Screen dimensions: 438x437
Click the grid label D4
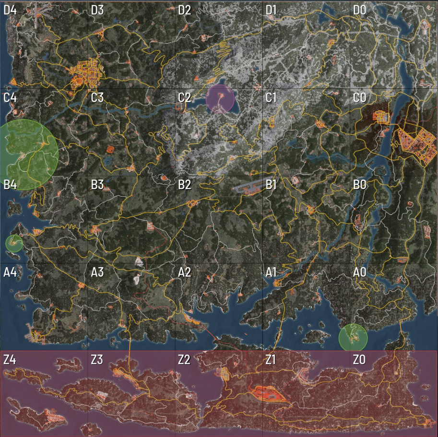10,10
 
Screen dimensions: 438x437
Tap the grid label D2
185,10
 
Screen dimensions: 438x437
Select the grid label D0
360,10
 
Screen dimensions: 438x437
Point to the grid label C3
97,98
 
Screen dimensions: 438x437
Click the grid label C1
272,98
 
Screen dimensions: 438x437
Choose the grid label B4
10,185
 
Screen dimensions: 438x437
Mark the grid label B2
185,185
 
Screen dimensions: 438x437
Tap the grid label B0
360,185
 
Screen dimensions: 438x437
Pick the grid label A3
97,272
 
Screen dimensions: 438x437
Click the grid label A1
272,272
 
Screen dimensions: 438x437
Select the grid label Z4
10,360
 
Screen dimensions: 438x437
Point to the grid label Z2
185,360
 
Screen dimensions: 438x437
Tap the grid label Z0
360,360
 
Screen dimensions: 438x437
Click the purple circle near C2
220,98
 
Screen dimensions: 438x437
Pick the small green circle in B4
14,244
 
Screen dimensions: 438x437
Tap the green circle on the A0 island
353,338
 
